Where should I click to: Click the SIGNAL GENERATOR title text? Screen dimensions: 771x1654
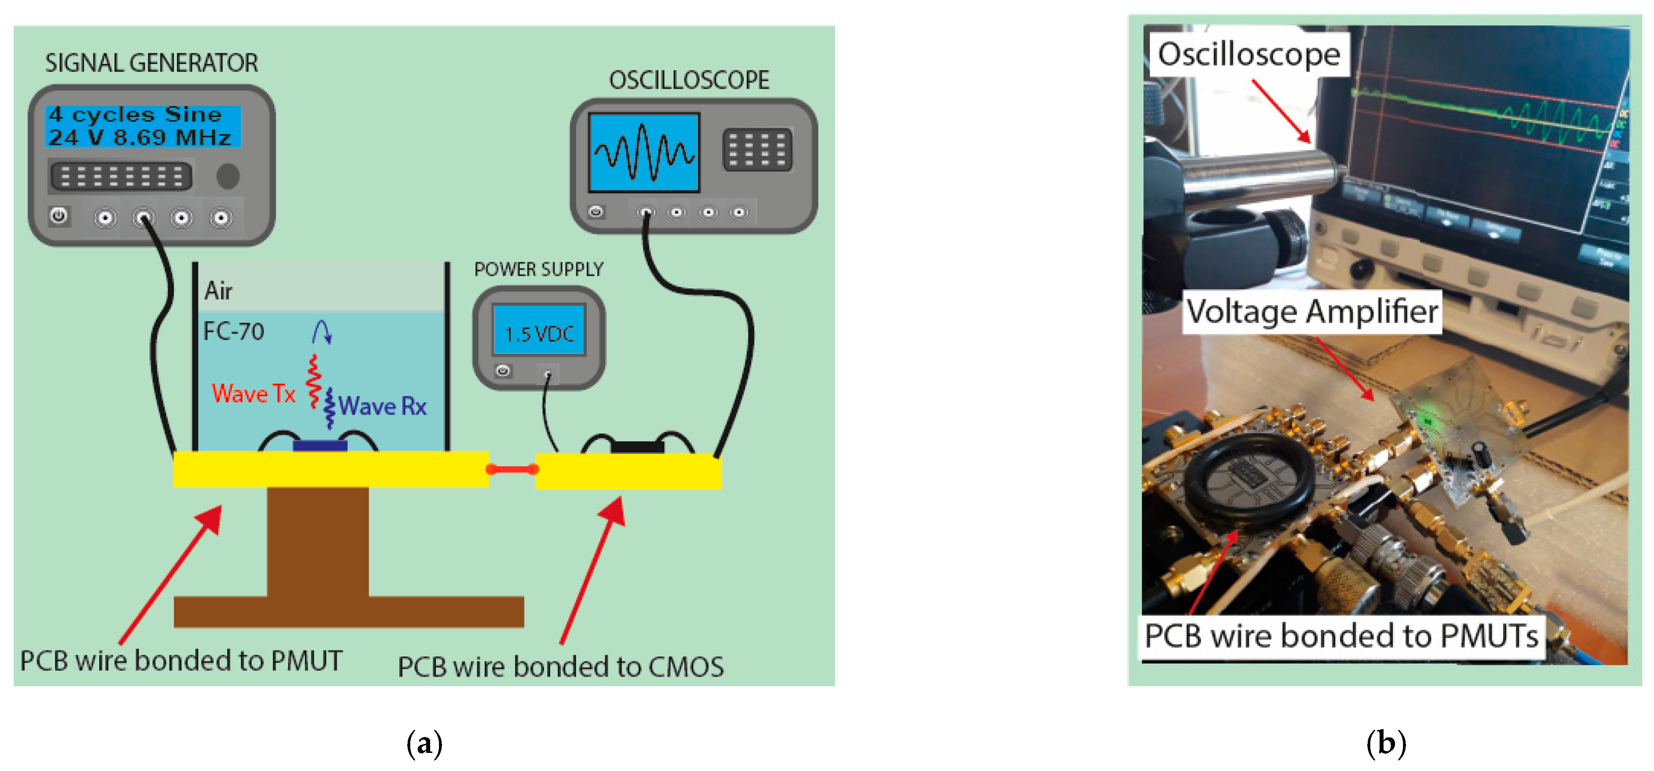coord(151,63)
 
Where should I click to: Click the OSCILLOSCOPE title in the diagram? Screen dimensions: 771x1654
coord(689,80)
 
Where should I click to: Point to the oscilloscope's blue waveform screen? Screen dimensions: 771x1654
coord(644,153)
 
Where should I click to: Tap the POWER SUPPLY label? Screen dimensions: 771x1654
coord(539,269)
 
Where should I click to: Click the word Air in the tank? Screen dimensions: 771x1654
coord(218,291)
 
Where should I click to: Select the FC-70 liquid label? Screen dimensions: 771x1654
coord(234,332)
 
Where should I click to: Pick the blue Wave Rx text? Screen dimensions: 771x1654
coord(383,406)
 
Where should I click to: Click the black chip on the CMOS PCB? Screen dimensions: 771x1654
coord(637,446)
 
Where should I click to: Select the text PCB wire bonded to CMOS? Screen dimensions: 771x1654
coord(561,666)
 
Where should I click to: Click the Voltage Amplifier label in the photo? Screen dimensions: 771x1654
coord(1312,312)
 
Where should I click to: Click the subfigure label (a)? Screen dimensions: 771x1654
coord(424,743)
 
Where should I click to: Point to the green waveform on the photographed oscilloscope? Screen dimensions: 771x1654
coord(1554,122)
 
